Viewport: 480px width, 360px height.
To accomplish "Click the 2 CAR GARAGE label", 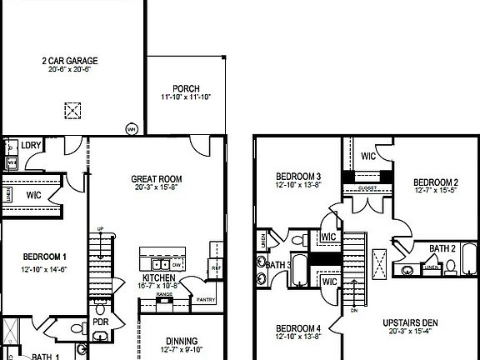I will [x=70, y=60].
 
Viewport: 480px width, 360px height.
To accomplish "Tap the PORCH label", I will [x=186, y=88].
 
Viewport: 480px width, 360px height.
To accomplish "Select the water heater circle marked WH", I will [x=131, y=129].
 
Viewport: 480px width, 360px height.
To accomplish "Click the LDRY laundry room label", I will [x=32, y=144].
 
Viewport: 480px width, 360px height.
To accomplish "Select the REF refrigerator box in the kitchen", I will [x=215, y=267].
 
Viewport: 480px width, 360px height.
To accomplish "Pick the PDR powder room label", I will [x=101, y=322].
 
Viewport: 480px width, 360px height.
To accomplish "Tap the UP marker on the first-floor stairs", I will [x=101, y=229].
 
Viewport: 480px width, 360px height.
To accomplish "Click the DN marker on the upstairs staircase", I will [x=354, y=311].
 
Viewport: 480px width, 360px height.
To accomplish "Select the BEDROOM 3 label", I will [x=297, y=177].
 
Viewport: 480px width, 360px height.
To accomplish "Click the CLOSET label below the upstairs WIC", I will [x=366, y=188].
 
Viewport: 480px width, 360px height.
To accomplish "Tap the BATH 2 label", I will [x=442, y=248].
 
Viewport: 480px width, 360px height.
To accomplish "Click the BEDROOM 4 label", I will [x=297, y=328].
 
